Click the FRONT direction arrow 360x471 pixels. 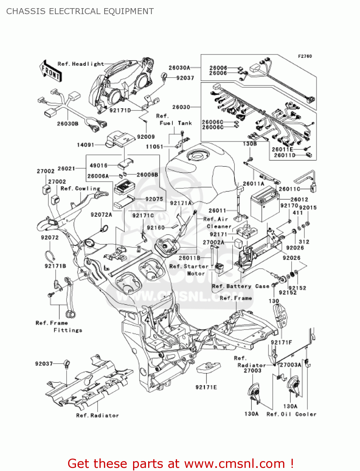click(x=51, y=71)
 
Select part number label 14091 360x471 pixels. click(x=85, y=145)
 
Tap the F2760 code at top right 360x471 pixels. click(x=305, y=56)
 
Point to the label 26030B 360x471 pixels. click(x=67, y=124)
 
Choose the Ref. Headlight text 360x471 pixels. click(x=81, y=64)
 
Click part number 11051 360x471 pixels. click(x=154, y=147)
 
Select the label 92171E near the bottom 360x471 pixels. click(x=206, y=387)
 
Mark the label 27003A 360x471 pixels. click(x=290, y=365)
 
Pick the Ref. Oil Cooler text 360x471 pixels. click(x=291, y=414)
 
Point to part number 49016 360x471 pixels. click(x=99, y=165)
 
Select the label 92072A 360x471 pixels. click(x=101, y=215)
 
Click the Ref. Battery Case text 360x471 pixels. click(x=241, y=286)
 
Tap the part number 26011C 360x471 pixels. click(x=289, y=189)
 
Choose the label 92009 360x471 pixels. click(x=146, y=137)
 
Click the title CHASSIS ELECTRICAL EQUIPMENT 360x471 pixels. click(x=80, y=11)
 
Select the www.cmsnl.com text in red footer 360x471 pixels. click(x=234, y=464)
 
